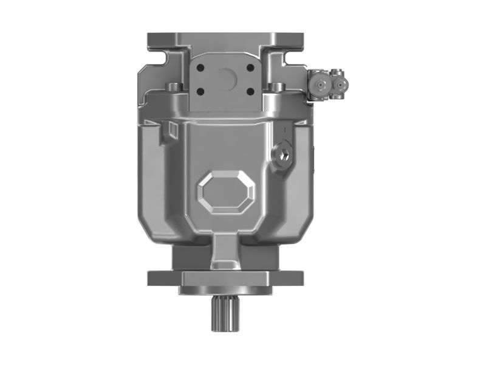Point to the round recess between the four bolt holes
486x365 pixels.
click(226, 77)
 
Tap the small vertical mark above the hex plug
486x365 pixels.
click(286, 130)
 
